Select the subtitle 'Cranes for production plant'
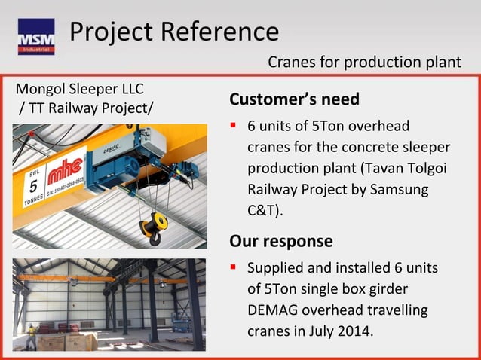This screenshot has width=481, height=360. click(364, 62)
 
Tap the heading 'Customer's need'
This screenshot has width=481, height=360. click(294, 99)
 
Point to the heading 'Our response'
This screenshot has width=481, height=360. click(280, 241)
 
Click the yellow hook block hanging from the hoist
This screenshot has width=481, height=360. click(151, 224)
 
